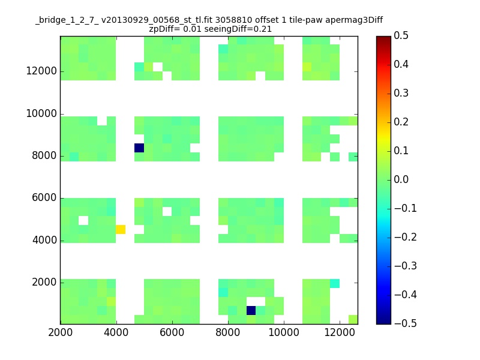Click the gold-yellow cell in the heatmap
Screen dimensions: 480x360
pos(121,229)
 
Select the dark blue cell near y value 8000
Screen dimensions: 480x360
pos(139,148)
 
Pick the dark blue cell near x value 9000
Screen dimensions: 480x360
pos(251,310)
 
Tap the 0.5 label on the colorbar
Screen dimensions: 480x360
pos(401,35)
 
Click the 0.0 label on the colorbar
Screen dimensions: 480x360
pos(401,179)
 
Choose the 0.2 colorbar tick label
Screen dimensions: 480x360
pos(401,122)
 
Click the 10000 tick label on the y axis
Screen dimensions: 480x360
pos(41,113)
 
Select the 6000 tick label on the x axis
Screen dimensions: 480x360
pos(172,332)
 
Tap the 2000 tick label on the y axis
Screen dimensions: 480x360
pos(44,282)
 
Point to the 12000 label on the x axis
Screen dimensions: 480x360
pos(340,332)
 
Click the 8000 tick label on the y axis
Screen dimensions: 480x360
pos(44,155)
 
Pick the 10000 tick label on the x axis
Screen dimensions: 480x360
pos(284,332)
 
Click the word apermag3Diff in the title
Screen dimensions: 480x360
pos(354,20)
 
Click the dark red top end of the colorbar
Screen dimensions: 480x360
pos(383,38)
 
